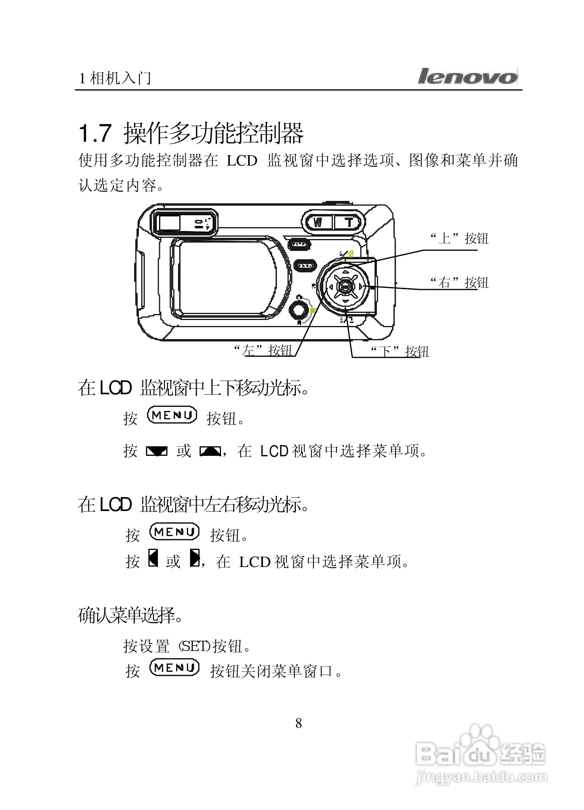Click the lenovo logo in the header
pos(467,76)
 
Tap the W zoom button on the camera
pos(318,222)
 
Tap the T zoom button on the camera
pos(349,222)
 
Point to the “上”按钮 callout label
pos(459,239)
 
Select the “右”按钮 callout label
pos(459,283)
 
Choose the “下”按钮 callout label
pos(400,351)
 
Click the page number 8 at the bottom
pos(299,723)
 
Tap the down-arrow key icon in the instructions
pos(157,451)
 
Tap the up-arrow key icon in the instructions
pos(210,451)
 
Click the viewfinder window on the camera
pos(169,223)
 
